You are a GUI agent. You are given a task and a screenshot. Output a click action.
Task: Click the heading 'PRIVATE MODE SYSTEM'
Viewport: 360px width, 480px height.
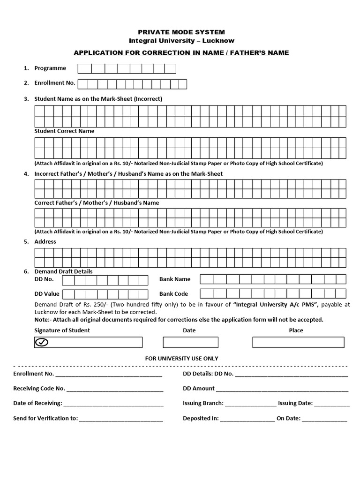(181, 32)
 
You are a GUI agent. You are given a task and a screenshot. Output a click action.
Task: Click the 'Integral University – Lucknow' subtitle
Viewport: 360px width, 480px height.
(181, 41)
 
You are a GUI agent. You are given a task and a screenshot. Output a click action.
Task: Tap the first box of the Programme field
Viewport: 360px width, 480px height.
(84, 69)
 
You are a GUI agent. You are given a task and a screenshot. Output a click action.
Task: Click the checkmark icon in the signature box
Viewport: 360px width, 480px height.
(42, 343)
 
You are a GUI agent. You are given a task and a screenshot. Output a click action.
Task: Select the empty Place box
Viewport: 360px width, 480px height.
(298, 342)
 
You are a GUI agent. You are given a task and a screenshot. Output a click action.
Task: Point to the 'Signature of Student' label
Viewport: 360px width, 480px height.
(62, 330)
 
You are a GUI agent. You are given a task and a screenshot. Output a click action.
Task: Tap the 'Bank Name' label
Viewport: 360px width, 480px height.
(175, 279)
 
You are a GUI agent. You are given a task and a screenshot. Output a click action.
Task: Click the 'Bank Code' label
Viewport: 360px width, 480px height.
(173, 294)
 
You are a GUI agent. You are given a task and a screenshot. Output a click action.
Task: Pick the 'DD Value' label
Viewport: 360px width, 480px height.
(47, 294)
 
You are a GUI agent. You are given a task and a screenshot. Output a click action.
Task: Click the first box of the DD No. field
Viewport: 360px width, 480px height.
(68, 280)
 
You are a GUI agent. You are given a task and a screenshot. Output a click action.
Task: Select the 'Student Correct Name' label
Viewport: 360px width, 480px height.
(64, 131)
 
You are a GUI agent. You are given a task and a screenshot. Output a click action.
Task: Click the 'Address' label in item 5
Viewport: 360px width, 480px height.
(45, 242)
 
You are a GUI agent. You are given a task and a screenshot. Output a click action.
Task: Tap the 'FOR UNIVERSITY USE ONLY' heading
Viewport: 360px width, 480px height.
(181, 359)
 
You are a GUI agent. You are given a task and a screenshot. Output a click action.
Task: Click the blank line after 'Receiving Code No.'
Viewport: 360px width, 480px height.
(115, 389)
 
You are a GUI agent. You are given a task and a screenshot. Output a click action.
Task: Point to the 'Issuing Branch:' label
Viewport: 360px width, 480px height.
(203, 403)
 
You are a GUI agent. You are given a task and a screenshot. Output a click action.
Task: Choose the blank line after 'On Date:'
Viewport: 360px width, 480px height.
(324, 419)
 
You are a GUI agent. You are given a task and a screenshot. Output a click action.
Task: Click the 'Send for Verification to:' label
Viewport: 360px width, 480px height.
(45, 419)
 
